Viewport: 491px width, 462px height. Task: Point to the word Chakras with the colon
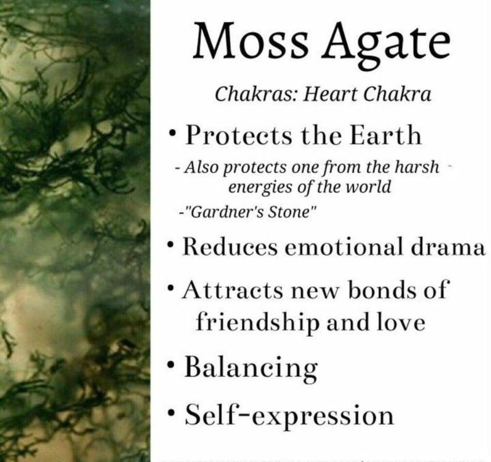(x=256, y=94)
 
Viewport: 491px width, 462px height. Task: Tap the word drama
(x=448, y=246)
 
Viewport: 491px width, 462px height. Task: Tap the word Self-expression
(x=289, y=415)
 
